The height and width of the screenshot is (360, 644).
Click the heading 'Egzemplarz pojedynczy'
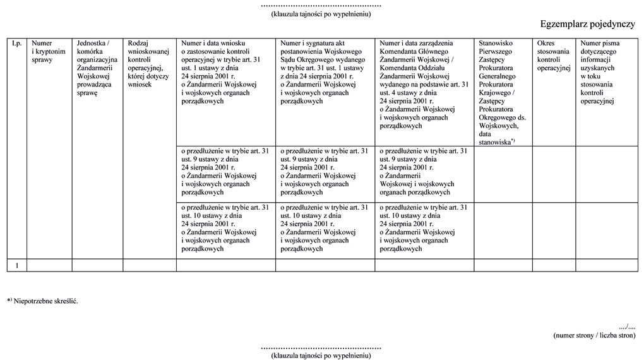pyautogui.click(x=587, y=24)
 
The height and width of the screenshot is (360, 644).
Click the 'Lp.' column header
pyautogui.click(x=16, y=44)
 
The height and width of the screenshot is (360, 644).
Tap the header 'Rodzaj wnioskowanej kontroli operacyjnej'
pyautogui.click(x=148, y=63)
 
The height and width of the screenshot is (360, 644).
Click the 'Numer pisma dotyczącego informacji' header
pyautogui.click(x=605, y=71)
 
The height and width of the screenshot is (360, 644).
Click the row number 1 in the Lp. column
pyautogui.click(x=16, y=265)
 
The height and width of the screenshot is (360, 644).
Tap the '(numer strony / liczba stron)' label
pyautogui.click(x=593, y=335)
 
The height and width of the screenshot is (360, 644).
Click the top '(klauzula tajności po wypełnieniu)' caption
pyautogui.click(x=321, y=13)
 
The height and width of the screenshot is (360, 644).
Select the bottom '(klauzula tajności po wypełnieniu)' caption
pyautogui.click(x=321, y=356)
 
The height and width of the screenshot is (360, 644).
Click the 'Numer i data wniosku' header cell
pyautogui.click(x=225, y=71)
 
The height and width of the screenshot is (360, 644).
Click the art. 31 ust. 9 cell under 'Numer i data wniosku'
pyautogui.click(x=225, y=171)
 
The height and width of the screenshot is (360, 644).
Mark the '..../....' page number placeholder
pyautogui.click(x=627, y=327)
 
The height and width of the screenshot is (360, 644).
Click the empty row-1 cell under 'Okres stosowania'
pyautogui.click(x=553, y=265)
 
